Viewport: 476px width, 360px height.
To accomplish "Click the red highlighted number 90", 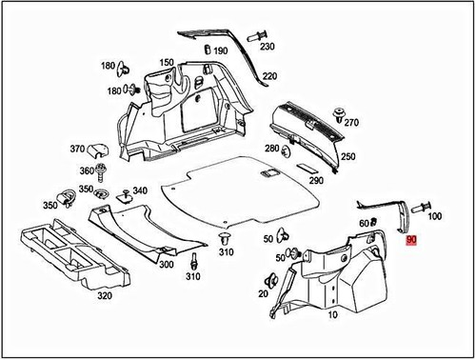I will coord(411,241).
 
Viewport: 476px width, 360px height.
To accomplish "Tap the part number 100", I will coord(436,216).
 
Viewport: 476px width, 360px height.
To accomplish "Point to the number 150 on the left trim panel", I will coord(167,63).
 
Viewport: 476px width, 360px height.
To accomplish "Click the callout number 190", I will coord(221,50).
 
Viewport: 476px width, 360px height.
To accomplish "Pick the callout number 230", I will coord(267,47).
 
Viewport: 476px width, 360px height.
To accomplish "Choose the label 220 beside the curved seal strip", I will coord(269,76).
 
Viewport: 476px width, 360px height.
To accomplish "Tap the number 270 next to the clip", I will coord(351,123).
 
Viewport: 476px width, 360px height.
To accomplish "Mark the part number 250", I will coord(348,156).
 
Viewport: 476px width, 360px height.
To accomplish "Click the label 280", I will coord(272,149).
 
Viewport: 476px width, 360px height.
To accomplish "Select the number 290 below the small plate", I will coord(316,180).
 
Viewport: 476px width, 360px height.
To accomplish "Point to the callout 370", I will coord(77,149).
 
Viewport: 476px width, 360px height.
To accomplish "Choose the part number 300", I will coord(167,264).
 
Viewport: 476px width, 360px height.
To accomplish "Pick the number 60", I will coord(363,223).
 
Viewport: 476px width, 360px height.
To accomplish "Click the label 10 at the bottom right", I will coord(332,313).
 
